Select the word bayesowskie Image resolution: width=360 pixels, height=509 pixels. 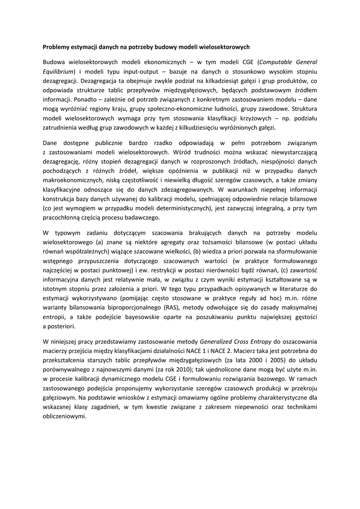click(x=141, y=318)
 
